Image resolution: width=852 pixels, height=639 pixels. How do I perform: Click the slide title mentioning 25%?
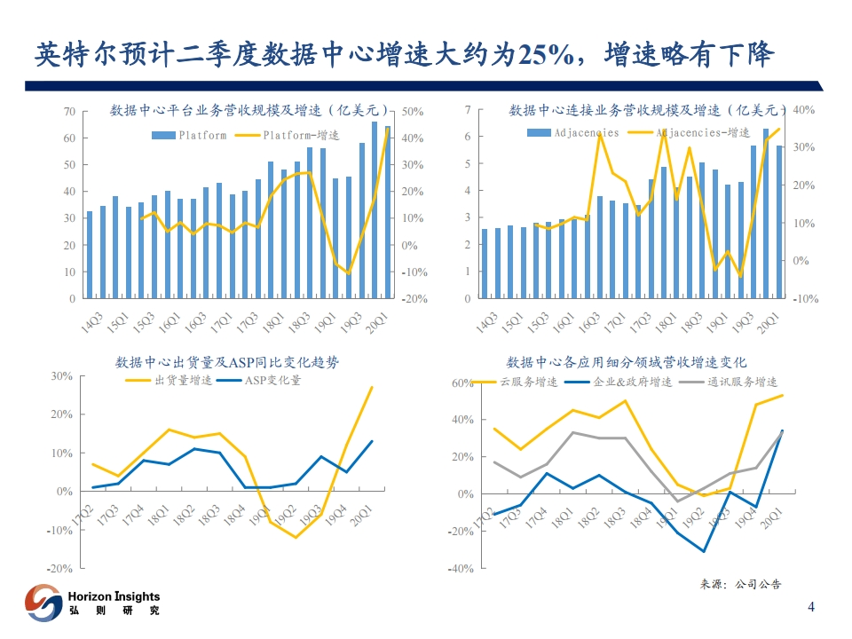click(x=404, y=55)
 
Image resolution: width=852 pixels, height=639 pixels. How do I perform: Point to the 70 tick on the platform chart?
click(x=69, y=112)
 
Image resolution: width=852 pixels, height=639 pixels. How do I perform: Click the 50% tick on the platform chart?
click(x=414, y=112)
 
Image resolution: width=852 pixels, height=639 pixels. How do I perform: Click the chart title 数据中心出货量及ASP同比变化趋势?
click(x=227, y=362)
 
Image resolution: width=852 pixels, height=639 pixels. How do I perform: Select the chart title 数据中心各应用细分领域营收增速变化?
click(x=627, y=362)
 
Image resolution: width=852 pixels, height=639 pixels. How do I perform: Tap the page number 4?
click(x=810, y=607)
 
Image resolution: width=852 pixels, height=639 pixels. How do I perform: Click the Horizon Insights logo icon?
click(x=42, y=603)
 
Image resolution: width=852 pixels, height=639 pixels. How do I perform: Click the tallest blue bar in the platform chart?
click(x=375, y=209)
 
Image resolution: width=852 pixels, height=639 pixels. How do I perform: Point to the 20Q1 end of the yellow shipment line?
click(x=372, y=387)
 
